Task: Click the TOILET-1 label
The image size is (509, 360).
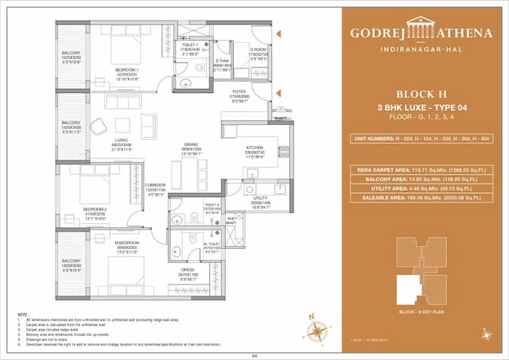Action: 188,45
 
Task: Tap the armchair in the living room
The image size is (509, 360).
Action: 149,125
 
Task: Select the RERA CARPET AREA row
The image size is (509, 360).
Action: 422,169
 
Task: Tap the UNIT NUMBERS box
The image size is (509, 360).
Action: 422,138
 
